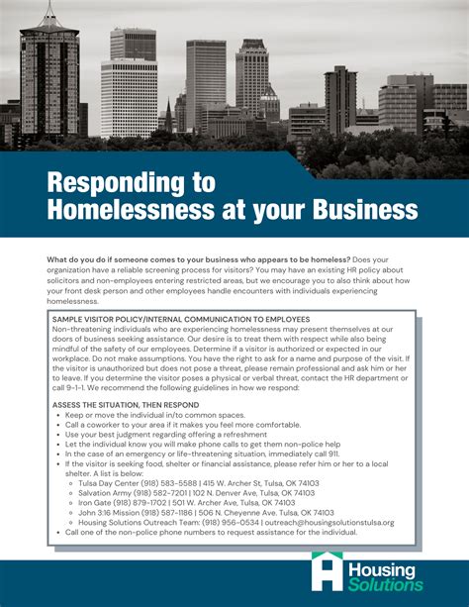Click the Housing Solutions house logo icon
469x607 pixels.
point(326,572)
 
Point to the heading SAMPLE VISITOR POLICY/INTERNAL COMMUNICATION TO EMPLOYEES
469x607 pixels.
point(181,320)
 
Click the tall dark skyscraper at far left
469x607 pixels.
point(48,79)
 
